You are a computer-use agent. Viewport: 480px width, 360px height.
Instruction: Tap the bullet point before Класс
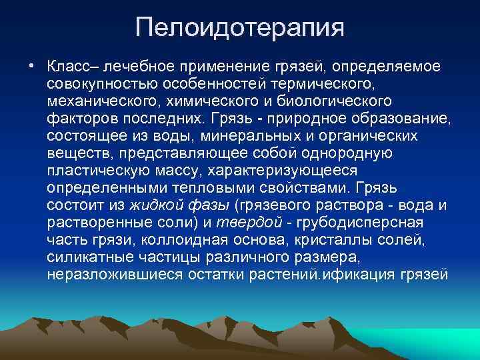coord(31,67)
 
